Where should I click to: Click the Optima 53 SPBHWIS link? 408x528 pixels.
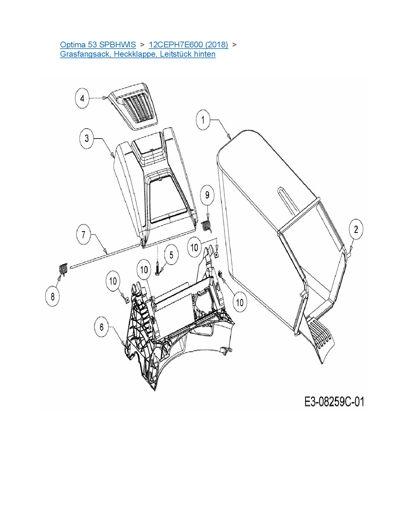[x=98, y=45]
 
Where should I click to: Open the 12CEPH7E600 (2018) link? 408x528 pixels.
[x=188, y=45]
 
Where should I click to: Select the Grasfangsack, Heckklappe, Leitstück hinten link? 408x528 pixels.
[x=138, y=54]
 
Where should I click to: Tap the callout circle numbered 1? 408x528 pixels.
[x=203, y=120]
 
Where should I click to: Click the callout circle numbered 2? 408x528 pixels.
[x=356, y=229]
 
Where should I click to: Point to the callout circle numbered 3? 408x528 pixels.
[x=87, y=139]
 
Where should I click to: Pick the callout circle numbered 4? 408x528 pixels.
[x=82, y=98]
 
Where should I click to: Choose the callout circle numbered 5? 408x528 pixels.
[x=171, y=255]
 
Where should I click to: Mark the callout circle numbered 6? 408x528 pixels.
[x=101, y=327]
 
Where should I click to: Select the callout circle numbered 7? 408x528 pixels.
[x=83, y=235]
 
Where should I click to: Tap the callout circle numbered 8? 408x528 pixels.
[x=52, y=296]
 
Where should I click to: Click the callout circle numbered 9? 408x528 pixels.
[x=207, y=195]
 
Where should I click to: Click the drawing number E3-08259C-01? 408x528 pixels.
[x=334, y=402]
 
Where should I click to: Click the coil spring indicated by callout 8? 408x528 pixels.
[x=63, y=269]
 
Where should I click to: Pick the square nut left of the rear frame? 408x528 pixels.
[x=126, y=300]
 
